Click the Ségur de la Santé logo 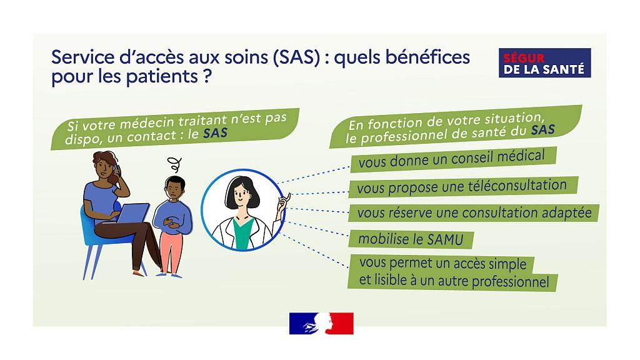pyautogui.click(x=544, y=63)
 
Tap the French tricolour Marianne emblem pyautogui.click(x=321, y=323)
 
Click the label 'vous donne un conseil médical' pyautogui.click(x=451, y=159)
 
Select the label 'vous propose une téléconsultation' pyautogui.click(x=462, y=187)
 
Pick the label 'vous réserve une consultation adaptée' pyautogui.click(x=474, y=213)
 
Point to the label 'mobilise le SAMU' pyautogui.click(x=411, y=239)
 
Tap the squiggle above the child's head pyautogui.click(x=176, y=164)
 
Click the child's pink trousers pyautogui.click(x=171, y=252)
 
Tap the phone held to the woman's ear pyautogui.click(x=116, y=169)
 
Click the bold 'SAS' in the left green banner pyautogui.click(x=215, y=134)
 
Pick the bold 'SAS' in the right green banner pyautogui.click(x=543, y=130)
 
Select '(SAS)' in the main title pyautogui.click(x=296, y=57)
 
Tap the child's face pyautogui.click(x=174, y=190)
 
